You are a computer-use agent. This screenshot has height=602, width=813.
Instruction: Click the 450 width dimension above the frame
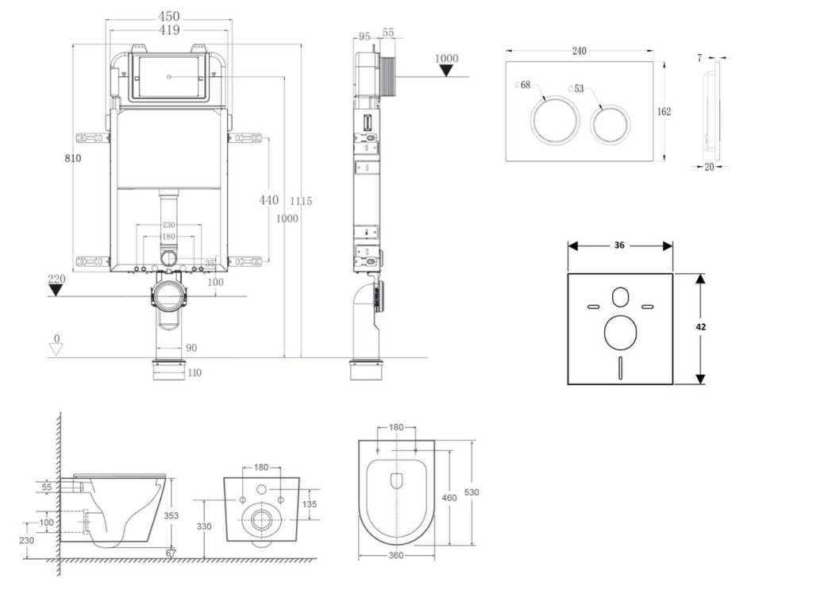pos(168,16)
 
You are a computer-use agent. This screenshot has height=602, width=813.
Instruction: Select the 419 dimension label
pos(168,30)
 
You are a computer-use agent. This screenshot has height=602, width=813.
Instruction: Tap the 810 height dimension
pos(73,158)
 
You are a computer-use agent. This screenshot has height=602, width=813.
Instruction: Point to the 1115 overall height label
pos(301,201)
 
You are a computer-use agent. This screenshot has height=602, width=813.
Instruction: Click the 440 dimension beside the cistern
pos(269,200)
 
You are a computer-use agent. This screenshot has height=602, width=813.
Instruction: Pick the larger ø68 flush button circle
pos(550,121)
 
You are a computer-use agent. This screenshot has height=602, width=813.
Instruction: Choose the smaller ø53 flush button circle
pos(610,123)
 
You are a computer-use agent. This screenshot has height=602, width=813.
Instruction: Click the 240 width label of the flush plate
pos(579,52)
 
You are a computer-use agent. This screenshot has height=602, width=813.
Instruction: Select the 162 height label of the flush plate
pos(664,112)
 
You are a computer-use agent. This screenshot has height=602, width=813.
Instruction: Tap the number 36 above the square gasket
pos(619,245)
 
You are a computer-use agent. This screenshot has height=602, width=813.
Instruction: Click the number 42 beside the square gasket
pos(701,326)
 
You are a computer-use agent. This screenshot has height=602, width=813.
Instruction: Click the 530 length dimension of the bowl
pos(472,492)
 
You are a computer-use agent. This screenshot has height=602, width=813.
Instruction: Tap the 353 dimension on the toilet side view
pos(171,516)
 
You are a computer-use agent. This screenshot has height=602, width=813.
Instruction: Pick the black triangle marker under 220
pos(56,290)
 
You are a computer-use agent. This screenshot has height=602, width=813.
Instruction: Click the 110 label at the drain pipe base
pos(194,372)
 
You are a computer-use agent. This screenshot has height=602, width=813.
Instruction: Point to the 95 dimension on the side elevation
pos(364,36)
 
